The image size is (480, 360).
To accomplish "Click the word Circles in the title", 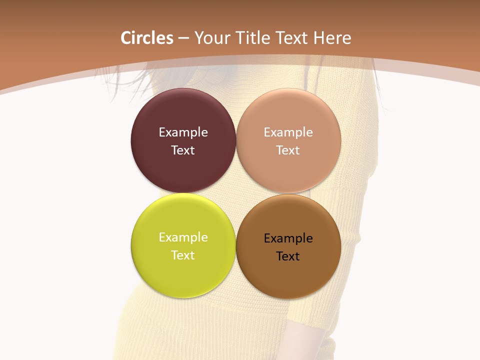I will pos(147,38).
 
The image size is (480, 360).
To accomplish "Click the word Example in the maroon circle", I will pos(183,132).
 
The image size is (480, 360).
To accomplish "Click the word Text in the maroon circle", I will pos(183,150).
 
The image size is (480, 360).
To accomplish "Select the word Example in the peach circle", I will pos(288,132).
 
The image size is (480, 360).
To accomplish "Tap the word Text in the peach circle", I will pos(288,150).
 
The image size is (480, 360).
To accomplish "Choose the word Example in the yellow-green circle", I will pos(183,237).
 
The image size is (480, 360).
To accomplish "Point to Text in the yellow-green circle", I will pos(183,255).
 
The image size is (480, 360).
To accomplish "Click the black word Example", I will pos(288,238).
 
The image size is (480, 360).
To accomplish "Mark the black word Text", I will pos(288,256).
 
